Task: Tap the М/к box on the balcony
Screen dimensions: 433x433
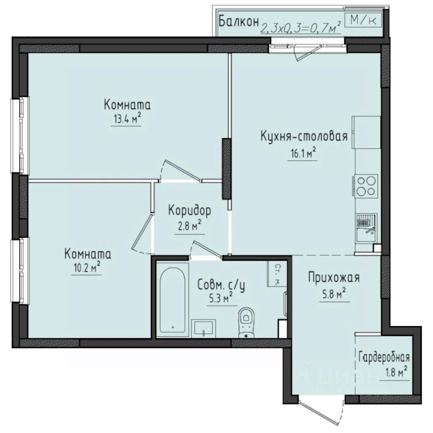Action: pyautogui.click(x=363, y=19)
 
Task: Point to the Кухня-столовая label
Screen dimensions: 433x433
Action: pyautogui.click(x=304, y=137)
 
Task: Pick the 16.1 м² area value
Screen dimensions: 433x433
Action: pyautogui.click(x=302, y=155)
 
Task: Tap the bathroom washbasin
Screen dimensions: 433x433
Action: pyautogui.click(x=204, y=328)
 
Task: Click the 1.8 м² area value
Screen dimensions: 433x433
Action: pyautogui.click(x=397, y=373)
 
